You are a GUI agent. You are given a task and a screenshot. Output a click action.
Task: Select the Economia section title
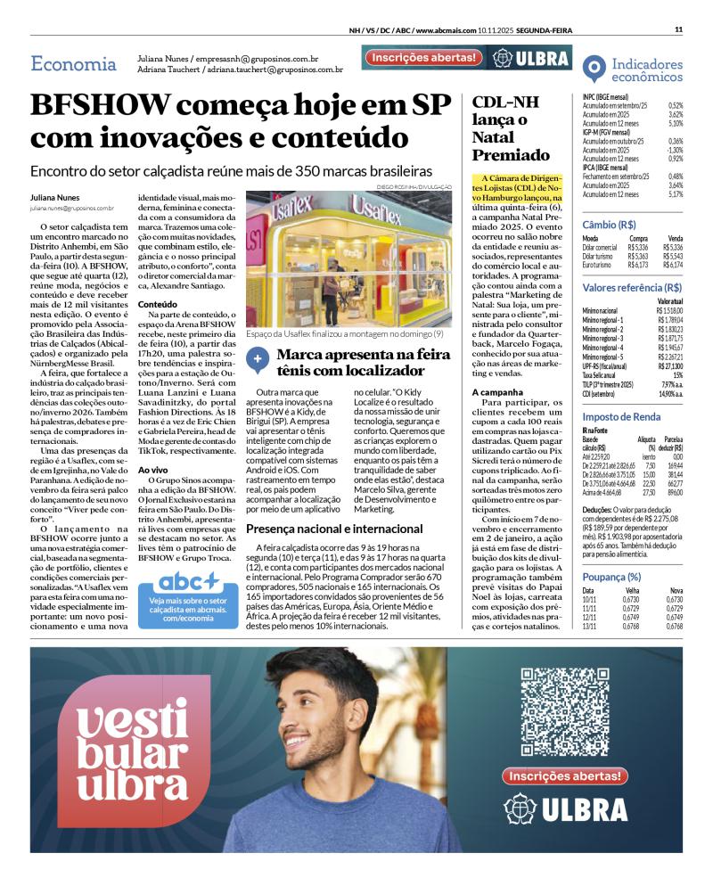[73, 64]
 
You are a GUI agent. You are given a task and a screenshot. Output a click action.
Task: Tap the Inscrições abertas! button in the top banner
[423, 57]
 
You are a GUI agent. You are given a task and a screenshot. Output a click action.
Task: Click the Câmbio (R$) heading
[609, 225]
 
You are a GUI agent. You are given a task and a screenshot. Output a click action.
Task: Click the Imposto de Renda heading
[621, 416]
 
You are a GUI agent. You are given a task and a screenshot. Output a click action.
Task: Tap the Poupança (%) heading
[611, 552]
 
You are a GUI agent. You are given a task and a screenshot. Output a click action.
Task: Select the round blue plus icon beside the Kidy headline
[258, 357]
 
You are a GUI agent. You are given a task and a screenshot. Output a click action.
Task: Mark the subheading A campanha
[497, 392]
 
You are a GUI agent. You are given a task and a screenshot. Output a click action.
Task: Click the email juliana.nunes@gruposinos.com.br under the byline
[71, 208]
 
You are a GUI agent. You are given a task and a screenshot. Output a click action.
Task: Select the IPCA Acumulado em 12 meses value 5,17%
[675, 193]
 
